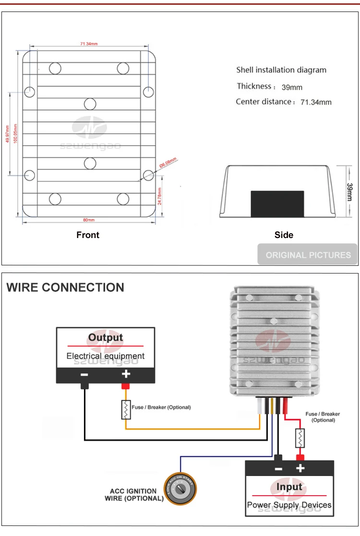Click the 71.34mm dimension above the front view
coord(89,44)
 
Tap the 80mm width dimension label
coord(89,220)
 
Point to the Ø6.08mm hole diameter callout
coord(168,163)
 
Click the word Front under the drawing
coord(88,235)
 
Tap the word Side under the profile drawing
coord(284,235)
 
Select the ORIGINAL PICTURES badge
coord(308,255)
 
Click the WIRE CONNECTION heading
coord(65,288)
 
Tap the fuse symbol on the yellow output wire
coord(126,409)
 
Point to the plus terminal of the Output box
coord(126,374)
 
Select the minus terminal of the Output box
coord(84,374)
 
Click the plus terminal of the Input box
coord(300,468)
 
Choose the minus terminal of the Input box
coord(278,468)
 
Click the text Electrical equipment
coord(106,356)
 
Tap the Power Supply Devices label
coord(289,505)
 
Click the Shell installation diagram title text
coord(281,70)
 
